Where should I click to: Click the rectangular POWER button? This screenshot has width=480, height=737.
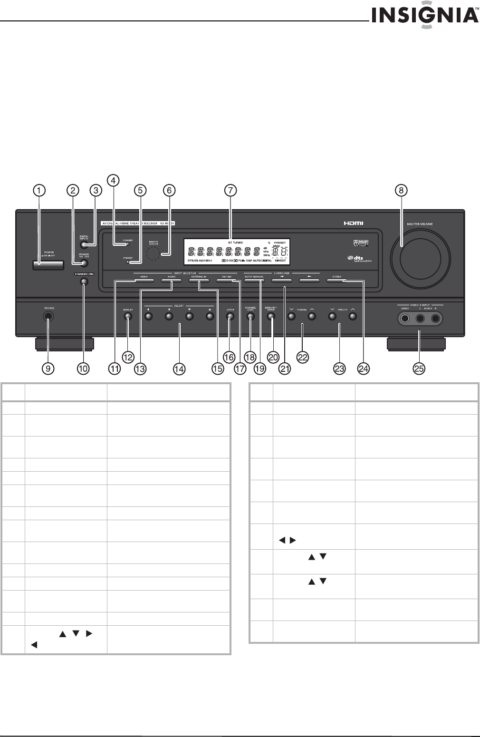pyautogui.click(x=49, y=264)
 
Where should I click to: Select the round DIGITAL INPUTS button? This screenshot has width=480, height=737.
pyautogui.click(x=84, y=245)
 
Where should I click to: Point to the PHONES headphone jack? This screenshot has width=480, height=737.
pyautogui.click(x=48, y=318)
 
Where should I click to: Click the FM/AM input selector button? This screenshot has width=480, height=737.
pyautogui.click(x=227, y=281)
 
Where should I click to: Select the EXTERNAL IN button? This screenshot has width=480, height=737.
pyautogui.click(x=199, y=281)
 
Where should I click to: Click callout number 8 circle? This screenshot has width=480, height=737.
pyautogui.click(x=402, y=190)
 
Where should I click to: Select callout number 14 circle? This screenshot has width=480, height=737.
pyautogui.click(x=179, y=369)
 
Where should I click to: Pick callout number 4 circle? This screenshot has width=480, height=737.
pyautogui.click(x=112, y=180)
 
